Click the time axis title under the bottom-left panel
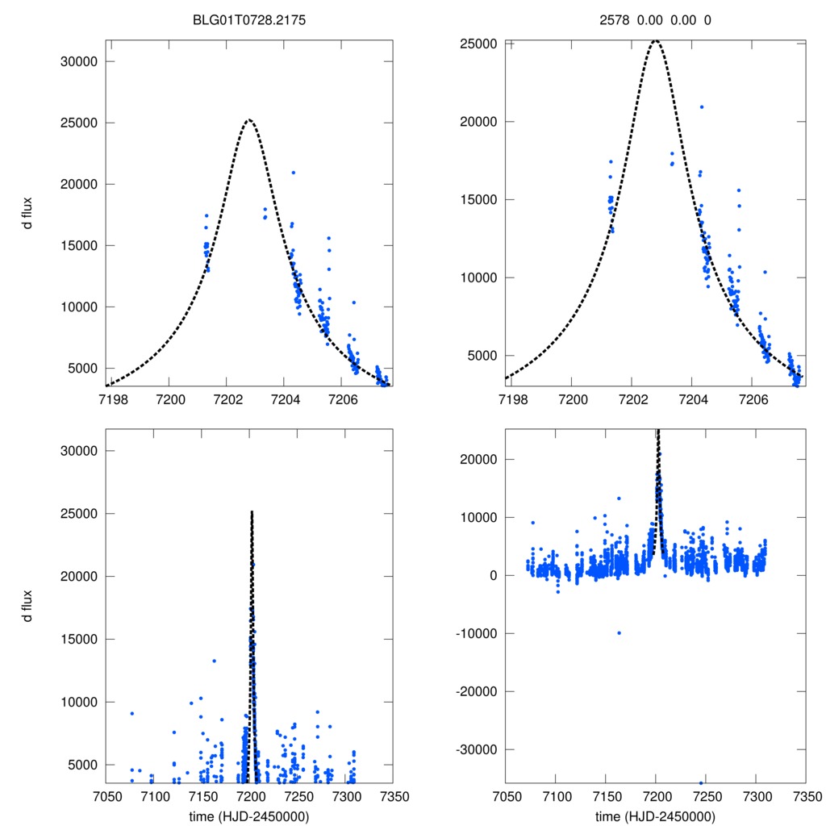click(248, 816)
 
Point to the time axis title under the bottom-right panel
click(655, 816)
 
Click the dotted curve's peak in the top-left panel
click(248, 120)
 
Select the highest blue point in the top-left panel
click(294, 173)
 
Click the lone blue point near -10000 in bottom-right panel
click(619, 633)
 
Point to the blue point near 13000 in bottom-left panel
click(215, 661)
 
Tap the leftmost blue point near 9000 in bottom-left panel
click(131, 713)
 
